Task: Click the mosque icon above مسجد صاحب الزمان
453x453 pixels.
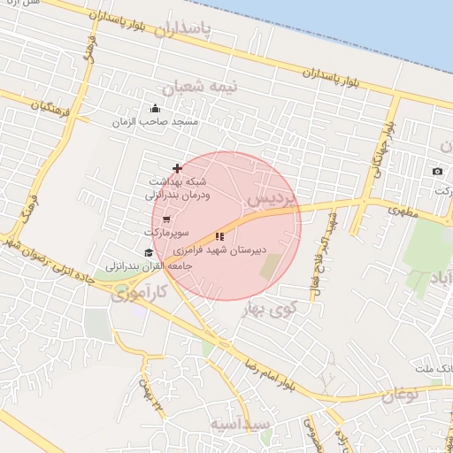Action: click(x=155, y=109)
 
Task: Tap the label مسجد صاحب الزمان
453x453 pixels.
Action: click(x=155, y=121)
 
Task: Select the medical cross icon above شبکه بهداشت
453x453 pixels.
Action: click(x=177, y=167)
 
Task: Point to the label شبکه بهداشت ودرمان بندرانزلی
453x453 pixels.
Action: click(x=179, y=188)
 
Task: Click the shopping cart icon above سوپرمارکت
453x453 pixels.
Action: click(x=165, y=219)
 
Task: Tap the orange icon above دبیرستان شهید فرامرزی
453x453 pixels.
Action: click(x=219, y=236)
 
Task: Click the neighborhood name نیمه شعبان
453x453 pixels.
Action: click(x=193, y=88)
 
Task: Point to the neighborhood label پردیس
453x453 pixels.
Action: click(x=271, y=198)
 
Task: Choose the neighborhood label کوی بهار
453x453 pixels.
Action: click(x=293, y=309)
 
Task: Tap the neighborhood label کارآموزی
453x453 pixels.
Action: click(x=140, y=293)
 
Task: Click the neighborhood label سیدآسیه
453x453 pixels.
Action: click(x=240, y=425)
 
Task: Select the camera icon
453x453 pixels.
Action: click(x=437, y=171)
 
